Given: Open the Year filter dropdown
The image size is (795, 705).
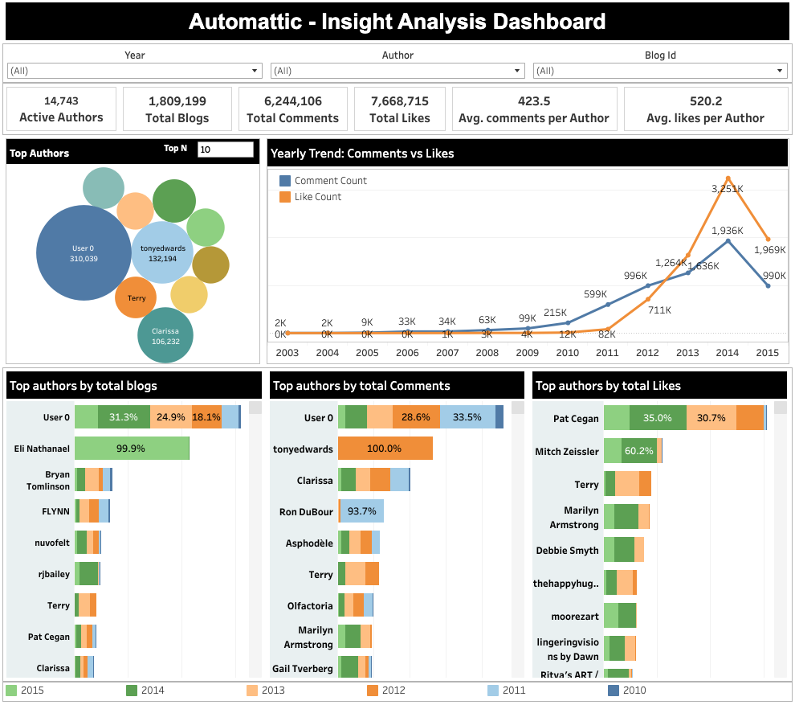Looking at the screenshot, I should (x=134, y=71).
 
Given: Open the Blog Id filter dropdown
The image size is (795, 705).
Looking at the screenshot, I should (x=660, y=71).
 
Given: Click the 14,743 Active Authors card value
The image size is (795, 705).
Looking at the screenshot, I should (x=61, y=100).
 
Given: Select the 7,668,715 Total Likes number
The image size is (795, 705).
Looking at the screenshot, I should (x=399, y=101).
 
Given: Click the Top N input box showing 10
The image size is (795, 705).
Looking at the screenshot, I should (x=225, y=150).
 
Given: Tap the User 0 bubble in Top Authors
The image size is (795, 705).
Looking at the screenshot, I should (x=84, y=253).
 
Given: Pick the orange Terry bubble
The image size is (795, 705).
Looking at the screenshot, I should (x=136, y=298).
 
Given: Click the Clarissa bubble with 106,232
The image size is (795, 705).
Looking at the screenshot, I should (x=165, y=335).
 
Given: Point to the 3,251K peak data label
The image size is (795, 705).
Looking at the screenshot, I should (x=728, y=188).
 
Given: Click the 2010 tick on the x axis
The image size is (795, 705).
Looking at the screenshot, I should (x=568, y=353).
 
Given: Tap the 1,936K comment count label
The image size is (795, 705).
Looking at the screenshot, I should (x=728, y=231).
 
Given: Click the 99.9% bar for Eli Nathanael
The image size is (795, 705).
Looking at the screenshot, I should (x=132, y=449).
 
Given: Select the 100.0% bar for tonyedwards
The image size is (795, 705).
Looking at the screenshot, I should (x=385, y=449).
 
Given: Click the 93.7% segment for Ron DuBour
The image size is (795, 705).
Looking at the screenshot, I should (x=361, y=511).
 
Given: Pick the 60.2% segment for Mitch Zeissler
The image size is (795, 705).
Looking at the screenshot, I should (x=639, y=451).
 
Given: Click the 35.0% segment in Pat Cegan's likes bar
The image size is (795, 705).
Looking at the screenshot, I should (x=658, y=418).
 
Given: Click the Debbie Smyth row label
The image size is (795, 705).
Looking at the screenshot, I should (x=567, y=551).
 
